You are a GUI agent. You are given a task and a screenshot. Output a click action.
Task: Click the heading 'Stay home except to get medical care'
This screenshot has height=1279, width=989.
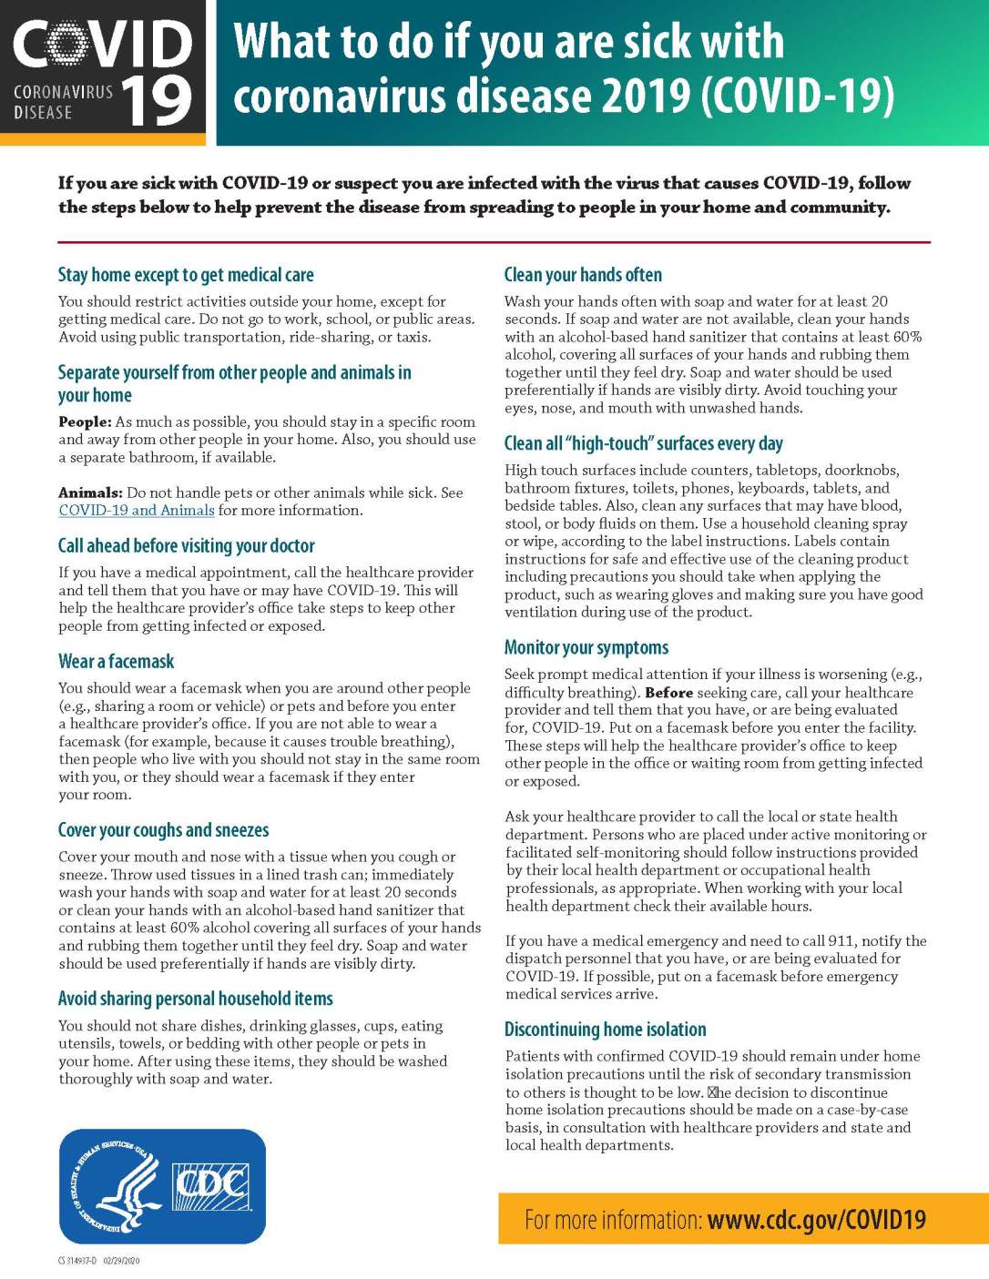point(186,275)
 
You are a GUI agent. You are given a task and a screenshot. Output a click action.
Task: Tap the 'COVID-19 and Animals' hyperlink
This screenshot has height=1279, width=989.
point(137,511)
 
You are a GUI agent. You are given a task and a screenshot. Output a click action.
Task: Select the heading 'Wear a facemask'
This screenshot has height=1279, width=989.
point(116,662)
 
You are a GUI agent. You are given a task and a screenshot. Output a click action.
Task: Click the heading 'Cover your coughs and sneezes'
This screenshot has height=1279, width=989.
point(164,830)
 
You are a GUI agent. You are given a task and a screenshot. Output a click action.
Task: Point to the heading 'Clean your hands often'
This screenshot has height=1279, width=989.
point(583,275)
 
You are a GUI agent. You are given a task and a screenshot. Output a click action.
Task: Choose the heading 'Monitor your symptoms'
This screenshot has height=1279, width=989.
point(586,648)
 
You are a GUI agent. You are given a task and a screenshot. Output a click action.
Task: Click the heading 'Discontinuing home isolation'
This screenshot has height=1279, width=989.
point(606,1030)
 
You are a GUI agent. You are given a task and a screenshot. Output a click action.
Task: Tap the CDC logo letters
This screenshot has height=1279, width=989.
point(211,1186)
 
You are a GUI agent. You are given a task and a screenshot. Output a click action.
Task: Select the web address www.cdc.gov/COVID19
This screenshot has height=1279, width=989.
point(816,1220)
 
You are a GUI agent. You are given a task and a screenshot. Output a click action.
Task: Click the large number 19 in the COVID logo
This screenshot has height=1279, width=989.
point(156,100)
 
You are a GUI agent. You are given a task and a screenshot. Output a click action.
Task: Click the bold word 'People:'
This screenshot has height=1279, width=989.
point(85,422)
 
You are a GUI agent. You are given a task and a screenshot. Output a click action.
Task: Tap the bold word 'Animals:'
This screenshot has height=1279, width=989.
point(90,493)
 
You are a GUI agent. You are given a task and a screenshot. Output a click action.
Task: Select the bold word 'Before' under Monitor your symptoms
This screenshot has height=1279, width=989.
point(668,693)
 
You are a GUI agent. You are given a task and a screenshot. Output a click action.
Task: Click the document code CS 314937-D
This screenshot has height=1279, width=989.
point(76,1261)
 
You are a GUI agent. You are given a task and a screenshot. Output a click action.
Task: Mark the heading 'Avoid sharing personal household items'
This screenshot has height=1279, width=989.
point(196,999)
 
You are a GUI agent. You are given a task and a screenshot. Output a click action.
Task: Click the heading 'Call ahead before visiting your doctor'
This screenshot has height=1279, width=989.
point(187,546)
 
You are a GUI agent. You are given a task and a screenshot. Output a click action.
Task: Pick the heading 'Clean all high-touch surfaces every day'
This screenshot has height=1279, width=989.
point(644,444)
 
